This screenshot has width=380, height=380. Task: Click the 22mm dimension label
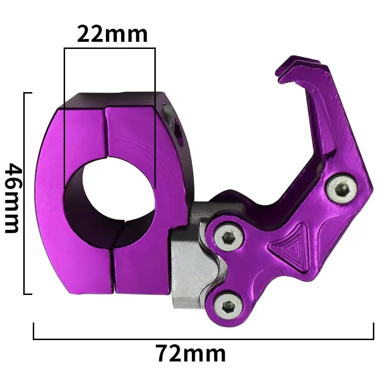[x=112, y=34]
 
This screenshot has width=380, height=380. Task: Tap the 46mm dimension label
[x=13, y=198]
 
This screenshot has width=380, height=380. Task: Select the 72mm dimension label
[x=191, y=354]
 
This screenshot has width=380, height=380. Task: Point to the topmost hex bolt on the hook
[x=342, y=189]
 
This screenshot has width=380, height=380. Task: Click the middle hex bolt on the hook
[x=229, y=237]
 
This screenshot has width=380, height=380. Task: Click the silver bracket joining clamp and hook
[x=194, y=257]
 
